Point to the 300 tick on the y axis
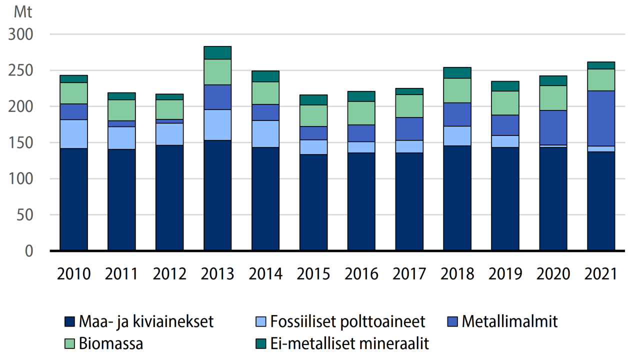pos(21,35)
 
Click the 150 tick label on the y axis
pos(21,143)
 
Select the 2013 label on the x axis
pos(217,274)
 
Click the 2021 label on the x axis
pos(600,274)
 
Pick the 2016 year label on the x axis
pos(361,274)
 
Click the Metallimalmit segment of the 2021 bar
pos(600,118)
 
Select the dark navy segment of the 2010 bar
pos(74,199)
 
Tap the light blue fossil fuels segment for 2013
pos(217,125)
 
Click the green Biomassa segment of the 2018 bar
pos(457,90)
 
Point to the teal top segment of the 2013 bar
pos(217,52)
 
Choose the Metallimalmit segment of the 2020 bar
pos(553,127)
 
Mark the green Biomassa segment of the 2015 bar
pos(313,115)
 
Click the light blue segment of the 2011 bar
pos(121,138)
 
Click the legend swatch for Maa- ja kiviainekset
pos(70,321)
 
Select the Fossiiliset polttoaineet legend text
pos(347,321)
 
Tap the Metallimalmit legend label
pos(509,321)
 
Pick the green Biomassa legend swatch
pos(70,344)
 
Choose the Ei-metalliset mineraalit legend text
pos(349,344)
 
